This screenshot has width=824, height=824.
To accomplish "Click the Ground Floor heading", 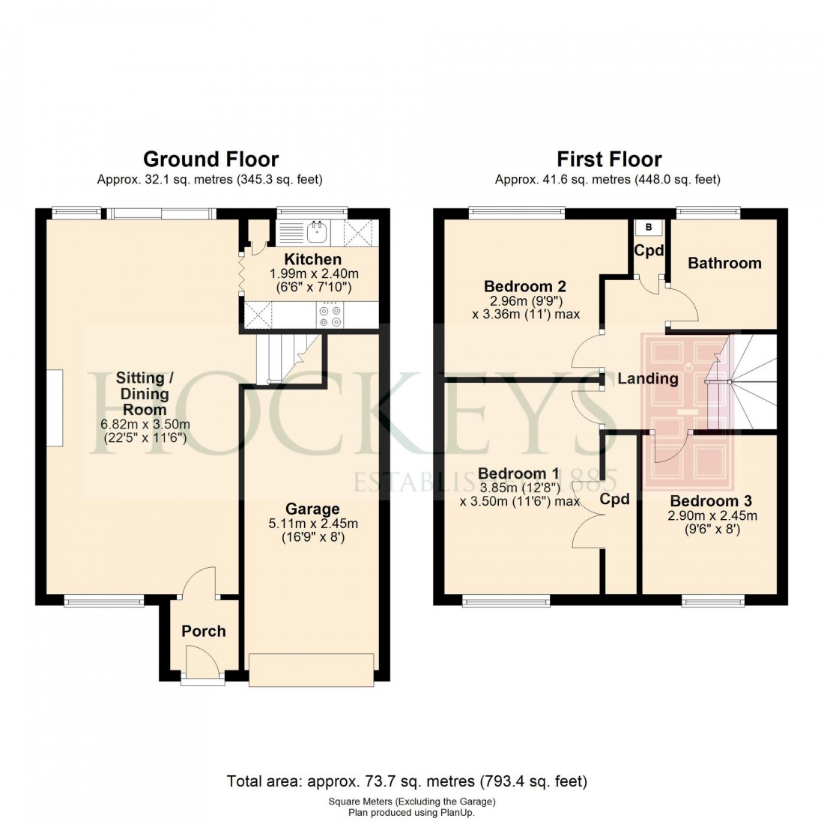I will point(210,160).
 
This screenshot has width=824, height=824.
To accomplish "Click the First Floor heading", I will point(608,160).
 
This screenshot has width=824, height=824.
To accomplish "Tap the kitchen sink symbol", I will point(317,232).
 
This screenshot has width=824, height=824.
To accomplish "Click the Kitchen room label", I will point(313,260).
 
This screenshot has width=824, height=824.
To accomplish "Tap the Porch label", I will point(203,631).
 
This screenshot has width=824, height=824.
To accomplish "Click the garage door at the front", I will point(311,669).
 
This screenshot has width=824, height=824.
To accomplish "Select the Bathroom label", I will point(724,263).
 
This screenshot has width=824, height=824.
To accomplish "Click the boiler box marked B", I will point(648,228).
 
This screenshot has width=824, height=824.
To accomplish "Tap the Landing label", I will point(647,378).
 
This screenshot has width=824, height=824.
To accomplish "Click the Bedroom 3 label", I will point(711,501).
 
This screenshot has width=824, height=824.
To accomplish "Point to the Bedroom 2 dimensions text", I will point(525,307).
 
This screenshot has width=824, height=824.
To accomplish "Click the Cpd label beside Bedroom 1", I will point(615,499).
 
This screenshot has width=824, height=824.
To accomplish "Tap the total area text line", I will point(407,781).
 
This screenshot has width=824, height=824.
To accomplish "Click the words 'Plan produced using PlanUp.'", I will point(411,812).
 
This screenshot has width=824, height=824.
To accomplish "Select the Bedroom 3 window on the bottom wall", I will point(712,600).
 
